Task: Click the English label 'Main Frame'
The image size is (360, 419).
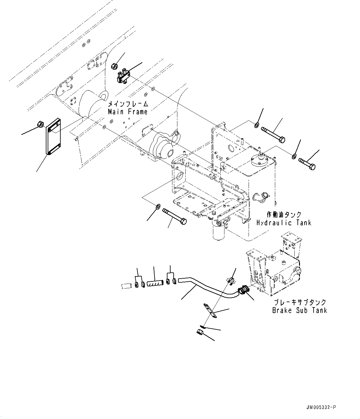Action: click(x=128, y=112)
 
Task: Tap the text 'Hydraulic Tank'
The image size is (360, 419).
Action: click(x=284, y=223)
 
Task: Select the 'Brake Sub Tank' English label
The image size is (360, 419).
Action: click(x=299, y=310)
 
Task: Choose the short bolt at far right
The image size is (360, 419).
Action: click(x=307, y=164)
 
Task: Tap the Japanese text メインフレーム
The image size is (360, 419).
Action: click(x=128, y=104)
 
